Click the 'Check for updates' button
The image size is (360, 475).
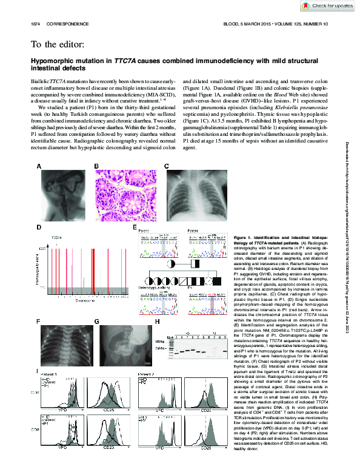pos(327,6)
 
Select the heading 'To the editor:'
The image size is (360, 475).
pos(58,44)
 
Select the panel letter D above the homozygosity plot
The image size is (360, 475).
pos(39,227)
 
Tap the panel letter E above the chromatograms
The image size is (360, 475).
pos(135,227)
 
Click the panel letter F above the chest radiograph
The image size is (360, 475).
pos(39,321)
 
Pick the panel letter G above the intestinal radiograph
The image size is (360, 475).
pos(96,321)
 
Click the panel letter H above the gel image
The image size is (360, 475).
pos(158,321)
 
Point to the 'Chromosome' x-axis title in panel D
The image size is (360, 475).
pos(84,300)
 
